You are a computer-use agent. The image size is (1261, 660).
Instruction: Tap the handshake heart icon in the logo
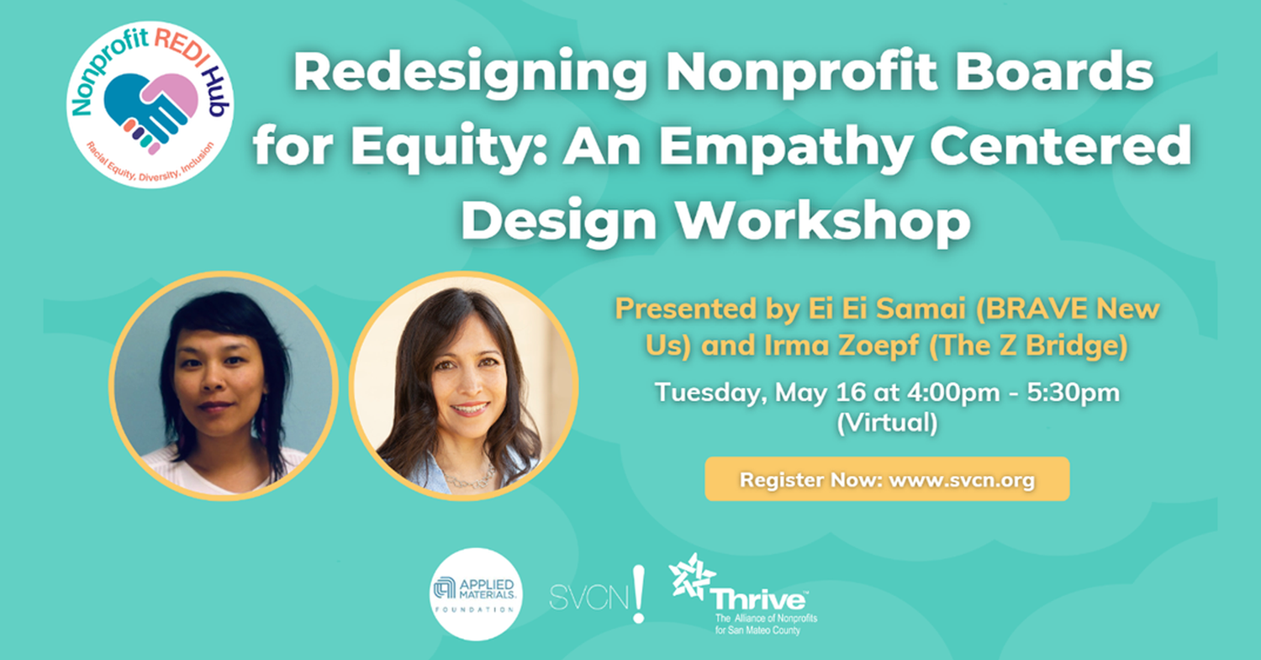coord(153,108)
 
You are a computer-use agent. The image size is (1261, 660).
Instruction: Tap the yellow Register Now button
coord(886,480)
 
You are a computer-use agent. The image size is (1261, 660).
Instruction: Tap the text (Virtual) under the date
coord(886,423)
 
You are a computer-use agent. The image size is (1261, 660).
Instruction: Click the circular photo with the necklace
coord(463,386)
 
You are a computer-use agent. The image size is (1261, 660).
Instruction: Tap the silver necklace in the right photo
coord(470,477)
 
